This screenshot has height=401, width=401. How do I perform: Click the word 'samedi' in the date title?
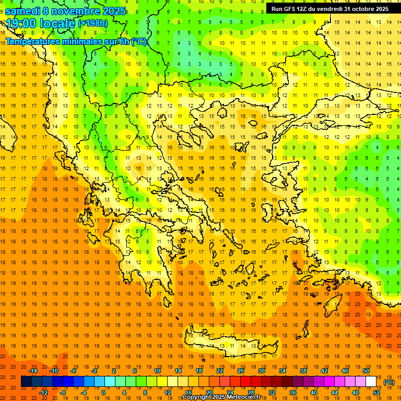(x=22, y=11)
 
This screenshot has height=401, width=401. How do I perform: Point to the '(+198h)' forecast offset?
(x=92, y=23)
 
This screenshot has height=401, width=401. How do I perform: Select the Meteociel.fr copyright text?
(x=221, y=397)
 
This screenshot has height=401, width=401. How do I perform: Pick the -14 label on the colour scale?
(x=33, y=371)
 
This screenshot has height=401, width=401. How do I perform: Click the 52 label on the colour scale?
(x=376, y=392)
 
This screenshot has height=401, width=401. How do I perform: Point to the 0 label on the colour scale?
(x=103, y=392)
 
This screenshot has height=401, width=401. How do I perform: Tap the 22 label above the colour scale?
(x=220, y=371)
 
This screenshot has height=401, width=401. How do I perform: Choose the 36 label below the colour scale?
(x=293, y=392)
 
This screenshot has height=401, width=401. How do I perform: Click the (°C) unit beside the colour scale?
(x=389, y=382)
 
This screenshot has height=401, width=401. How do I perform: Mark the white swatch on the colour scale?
(x=371, y=382)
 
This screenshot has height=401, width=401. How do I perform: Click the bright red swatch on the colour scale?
(x=245, y=382)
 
